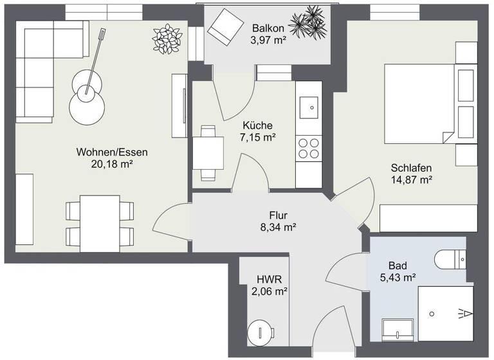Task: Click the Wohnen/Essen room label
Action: tap(112, 152)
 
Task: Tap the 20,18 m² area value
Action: tap(112, 164)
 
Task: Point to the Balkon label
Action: tap(267, 29)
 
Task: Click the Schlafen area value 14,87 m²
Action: tap(411, 180)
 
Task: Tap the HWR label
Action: tap(270, 280)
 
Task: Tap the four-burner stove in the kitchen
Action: tap(309, 148)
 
